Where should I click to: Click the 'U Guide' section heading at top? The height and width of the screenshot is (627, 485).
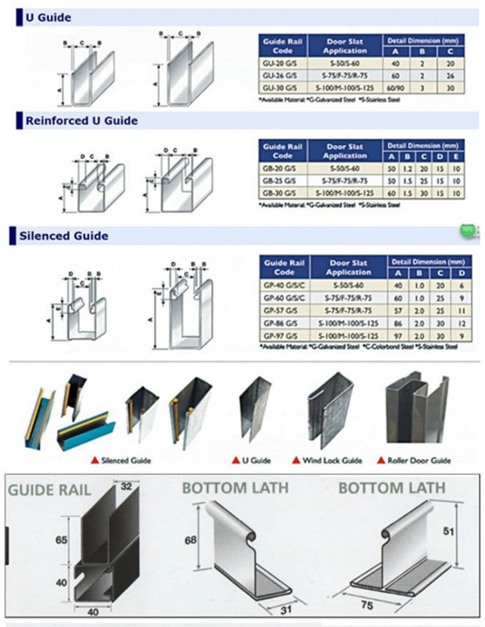[48, 18]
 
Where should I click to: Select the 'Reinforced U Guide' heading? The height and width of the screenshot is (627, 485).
[81, 121]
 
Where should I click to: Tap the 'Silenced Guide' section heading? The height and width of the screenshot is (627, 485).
[63, 235]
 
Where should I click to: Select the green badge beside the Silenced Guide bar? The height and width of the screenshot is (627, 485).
[466, 230]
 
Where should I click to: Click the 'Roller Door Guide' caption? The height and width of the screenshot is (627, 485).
[418, 460]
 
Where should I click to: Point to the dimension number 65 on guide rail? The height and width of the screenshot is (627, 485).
[61, 541]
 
